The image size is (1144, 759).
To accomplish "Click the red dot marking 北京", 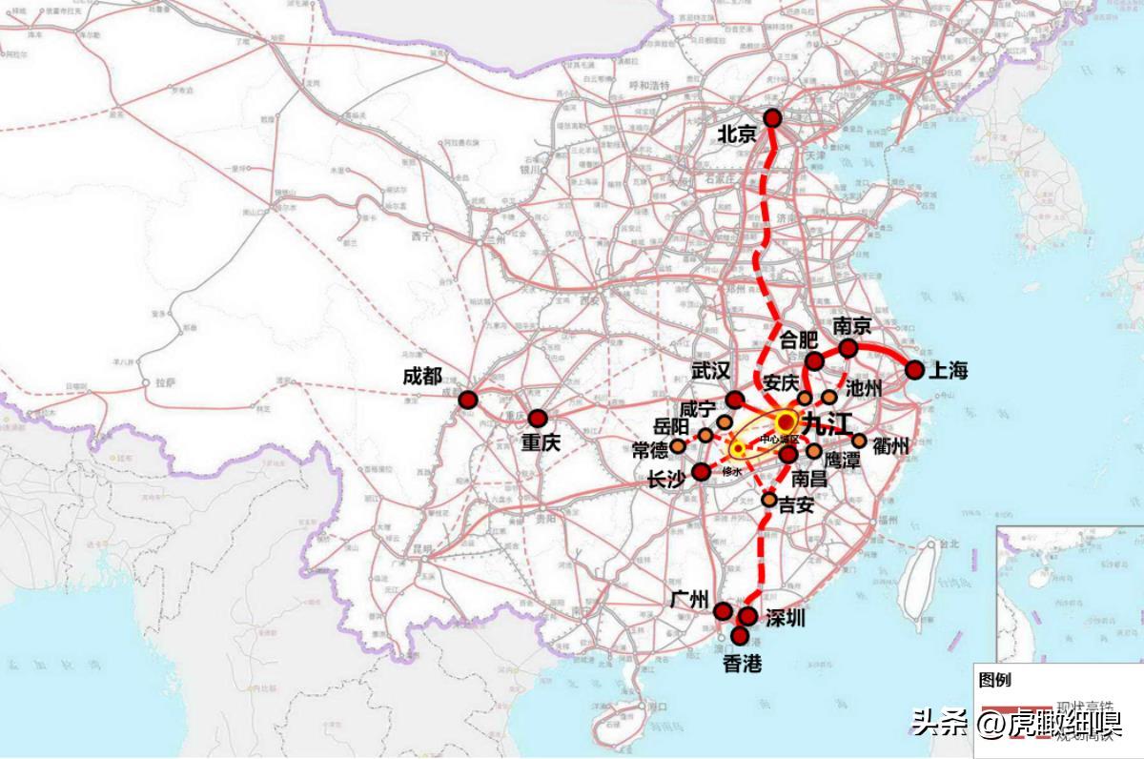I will (772, 118).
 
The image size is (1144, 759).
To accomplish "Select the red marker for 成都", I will (468, 400).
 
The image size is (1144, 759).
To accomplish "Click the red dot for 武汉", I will (734, 400).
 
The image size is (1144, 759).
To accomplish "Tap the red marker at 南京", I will (848, 348).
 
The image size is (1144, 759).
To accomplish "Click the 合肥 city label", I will (799, 339).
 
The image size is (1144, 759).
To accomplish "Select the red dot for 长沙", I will (702, 471).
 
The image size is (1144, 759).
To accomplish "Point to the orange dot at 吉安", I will (769, 499).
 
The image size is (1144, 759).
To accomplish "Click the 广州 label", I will (689, 600).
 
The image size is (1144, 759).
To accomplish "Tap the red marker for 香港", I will (741, 635).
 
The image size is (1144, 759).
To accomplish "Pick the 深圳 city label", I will (784, 618).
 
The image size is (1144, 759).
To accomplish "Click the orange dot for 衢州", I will (859, 441).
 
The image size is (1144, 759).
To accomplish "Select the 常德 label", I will (650, 450).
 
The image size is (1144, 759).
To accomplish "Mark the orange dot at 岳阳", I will (705, 436).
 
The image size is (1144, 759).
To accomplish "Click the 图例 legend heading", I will (994, 680).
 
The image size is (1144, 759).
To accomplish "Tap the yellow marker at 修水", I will (738, 448).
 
